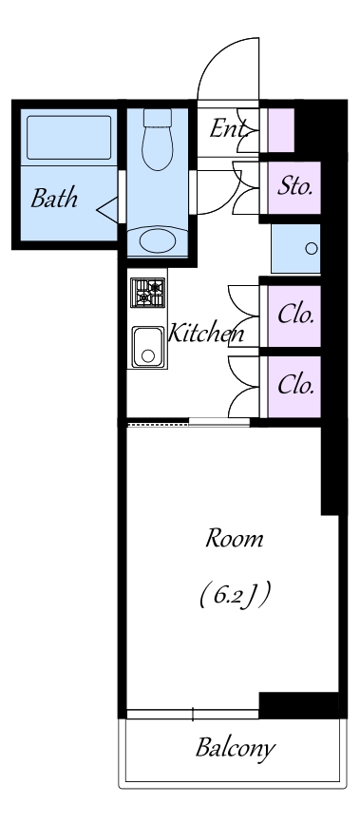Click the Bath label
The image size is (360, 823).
tap(54, 199)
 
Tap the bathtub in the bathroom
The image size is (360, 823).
tap(68, 138)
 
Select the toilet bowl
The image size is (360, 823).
tap(158, 140)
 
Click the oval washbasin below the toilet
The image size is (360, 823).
tap(158, 240)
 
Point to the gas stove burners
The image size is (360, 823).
tap(147, 293)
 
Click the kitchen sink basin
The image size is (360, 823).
tap(148, 347)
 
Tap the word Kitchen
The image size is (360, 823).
tap(206, 333)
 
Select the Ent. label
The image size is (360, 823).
tap(228, 128)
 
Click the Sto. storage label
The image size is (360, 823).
tap(294, 186)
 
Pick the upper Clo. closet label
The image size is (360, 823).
tap(296, 315)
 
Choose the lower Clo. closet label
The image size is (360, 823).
tap(296, 385)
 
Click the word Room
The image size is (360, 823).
tap(234, 539)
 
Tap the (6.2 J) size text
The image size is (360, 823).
tap(235, 596)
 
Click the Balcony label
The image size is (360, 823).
tap(236, 747)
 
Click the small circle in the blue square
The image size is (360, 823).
tap(312, 249)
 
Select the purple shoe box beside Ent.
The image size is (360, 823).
tap(281, 130)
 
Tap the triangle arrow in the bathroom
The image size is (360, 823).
tap(107, 209)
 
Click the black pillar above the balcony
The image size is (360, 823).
tap(298, 705)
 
